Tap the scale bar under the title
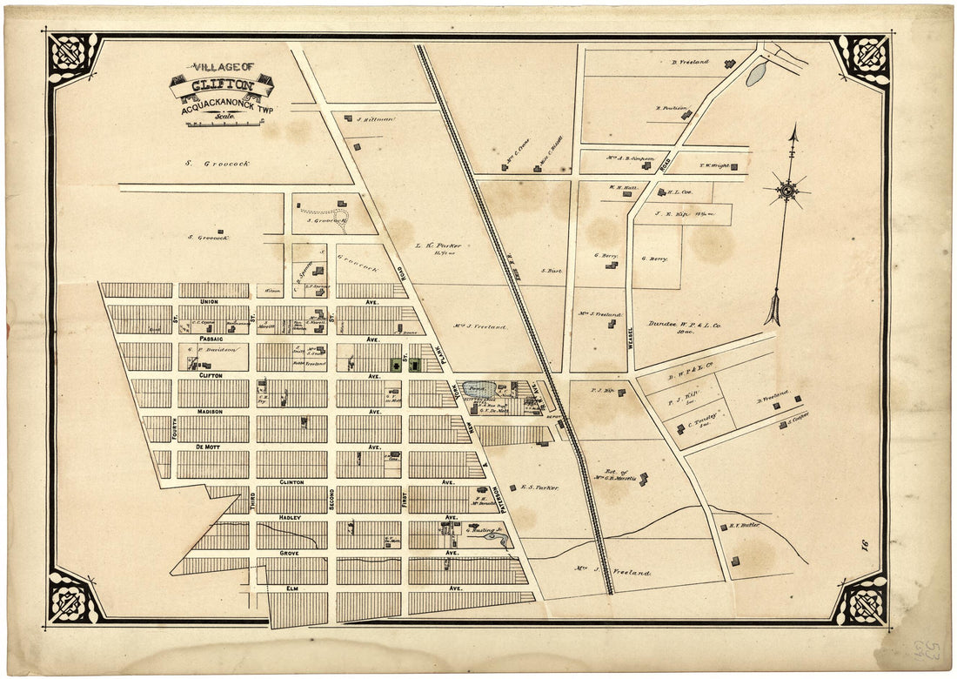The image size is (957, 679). click(224, 123)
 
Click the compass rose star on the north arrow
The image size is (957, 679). click(787, 191)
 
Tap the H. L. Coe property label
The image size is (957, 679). click(679, 192)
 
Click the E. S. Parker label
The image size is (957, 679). click(539, 487)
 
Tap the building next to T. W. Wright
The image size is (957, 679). click(734, 165)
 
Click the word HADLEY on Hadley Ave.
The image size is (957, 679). click(289, 517)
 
